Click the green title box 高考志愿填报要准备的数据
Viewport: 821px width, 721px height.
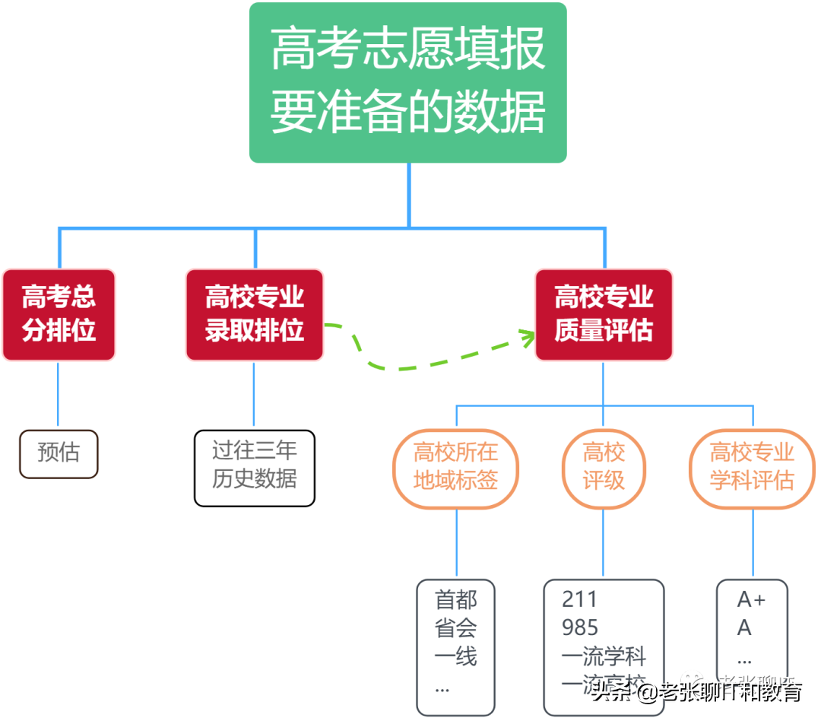coord(408,82)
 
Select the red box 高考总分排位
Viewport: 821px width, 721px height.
coord(59,314)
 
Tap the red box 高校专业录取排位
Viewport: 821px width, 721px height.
coord(255,314)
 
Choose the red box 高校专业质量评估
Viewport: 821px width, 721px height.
coord(604,314)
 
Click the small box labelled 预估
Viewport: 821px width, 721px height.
coord(59,453)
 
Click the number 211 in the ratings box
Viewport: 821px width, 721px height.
coord(580,599)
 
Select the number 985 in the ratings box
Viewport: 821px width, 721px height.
coord(580,628)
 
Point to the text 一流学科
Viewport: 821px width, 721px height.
coord(604,656)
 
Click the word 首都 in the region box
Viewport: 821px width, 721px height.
coord(456,600)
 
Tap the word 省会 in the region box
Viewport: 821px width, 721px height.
coord(456,628)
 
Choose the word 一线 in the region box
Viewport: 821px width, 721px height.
coord(456,656)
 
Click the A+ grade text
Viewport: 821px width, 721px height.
coord(751,600)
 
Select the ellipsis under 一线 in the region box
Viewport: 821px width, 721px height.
coord(442,688)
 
